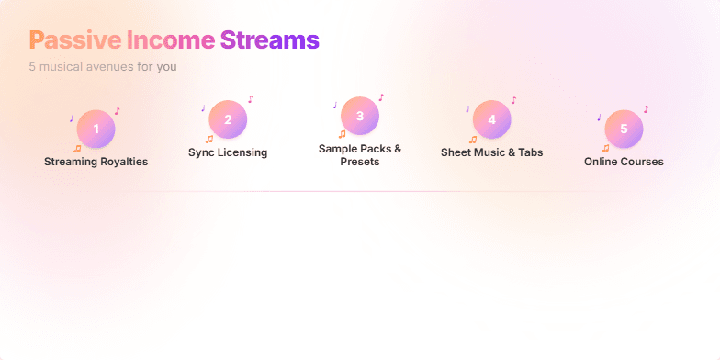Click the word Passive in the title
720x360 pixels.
[x=74, y=40]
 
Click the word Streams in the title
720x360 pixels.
[x=270, y=40]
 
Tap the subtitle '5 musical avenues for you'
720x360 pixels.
[x=103, y=67]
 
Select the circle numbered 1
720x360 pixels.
[x=96, y=129]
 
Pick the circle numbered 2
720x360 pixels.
[x=228, y=119]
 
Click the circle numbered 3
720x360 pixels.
[x=360, y=116]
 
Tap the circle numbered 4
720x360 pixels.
[x=492, y=119]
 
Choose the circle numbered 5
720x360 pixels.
[x=624, y=129]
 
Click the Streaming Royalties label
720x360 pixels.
[x=96, y=162]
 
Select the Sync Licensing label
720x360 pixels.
[x=228, y=152]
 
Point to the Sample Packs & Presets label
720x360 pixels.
[x=360, y=154]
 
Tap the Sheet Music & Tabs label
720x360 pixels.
[x=492, y=152]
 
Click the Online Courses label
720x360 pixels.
[x=624, y=162]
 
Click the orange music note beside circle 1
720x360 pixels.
[x=77, y=148]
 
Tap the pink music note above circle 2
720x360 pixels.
[x=250, y=99]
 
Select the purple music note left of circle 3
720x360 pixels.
[x=334, y=106]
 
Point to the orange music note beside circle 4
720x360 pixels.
[x=473, y=140]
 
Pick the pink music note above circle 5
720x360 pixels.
[x=646, y=108]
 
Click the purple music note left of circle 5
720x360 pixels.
[x=599, y=118]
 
